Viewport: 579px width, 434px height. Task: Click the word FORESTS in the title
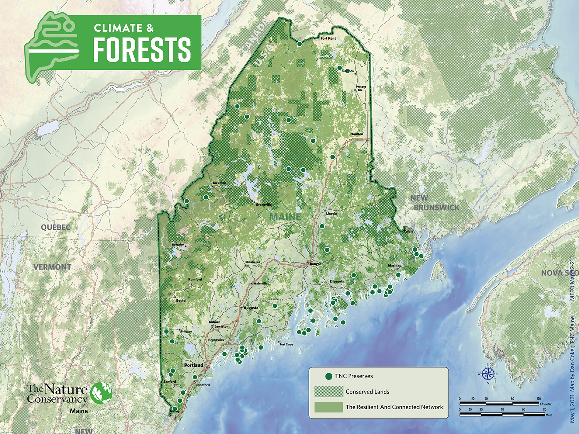pyautogui.click(x=142, y=50)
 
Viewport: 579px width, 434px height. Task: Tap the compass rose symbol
pyautogui.click(x=488, y=373)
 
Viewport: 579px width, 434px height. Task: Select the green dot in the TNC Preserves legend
pyautogui.click(x=328, y=376)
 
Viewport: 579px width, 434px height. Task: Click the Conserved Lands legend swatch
pyautogui.click(x=328, y=392)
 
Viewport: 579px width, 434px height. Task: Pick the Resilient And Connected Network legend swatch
pyautogui.click(x=328, y=407)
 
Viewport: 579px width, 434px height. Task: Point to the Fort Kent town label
pyautogui.click(x=328, y=38)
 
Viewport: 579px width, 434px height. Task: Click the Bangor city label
pyautogui.click(x=315, y=264)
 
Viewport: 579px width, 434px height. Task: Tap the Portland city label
pyautogui.click(x=193, y=365)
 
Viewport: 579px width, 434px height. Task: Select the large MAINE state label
pyautogui.click(x=285, y=217)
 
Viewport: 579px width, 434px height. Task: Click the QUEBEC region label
pyautogui.click(x=56, y=227)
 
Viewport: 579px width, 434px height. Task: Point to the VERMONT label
pyautogui.click(x=52, y=267)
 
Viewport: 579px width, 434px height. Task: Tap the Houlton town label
pyautogui.click(x=357, y=134)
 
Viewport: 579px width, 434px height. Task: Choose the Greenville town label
pyautogui.click(x=264, y=204)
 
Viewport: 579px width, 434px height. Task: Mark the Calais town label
pyautogui.click(x=408, y=231)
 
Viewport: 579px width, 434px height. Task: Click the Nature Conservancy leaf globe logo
pyautogui.click(x=101, y=393)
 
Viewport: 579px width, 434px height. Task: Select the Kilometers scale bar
pyautogui.click(x=499, y=403)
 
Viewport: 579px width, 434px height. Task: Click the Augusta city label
pyautogui.click(x=251, y=308)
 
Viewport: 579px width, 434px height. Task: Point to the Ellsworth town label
pyautogui.click(x=337, y=281)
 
